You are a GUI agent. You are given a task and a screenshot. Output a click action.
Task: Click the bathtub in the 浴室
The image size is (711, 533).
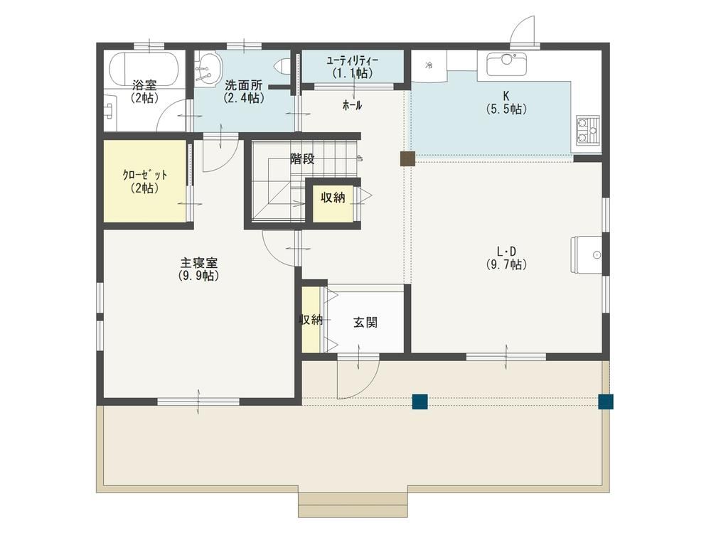(x=144, y=69)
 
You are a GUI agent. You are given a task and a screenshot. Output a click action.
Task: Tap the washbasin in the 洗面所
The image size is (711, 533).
(x=208, y=68)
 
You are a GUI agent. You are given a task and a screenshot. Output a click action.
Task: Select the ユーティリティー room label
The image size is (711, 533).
(x=353, y=60)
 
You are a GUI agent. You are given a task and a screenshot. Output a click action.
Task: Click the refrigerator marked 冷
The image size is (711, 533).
(x=429, y=65)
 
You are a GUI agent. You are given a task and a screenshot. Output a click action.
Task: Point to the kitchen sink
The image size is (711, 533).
(x=506, y=64)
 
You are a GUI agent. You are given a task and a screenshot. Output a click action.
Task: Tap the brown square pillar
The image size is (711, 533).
(x=407, y=158)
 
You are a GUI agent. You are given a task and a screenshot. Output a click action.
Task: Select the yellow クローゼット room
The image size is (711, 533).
(x=144, y=181)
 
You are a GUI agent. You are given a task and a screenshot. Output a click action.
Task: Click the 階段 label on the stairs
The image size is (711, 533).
(x=302, y=158)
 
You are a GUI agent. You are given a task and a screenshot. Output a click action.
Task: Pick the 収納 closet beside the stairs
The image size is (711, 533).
(x=333, y=203)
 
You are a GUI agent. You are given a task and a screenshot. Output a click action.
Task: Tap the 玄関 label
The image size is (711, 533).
(x=365, y=322)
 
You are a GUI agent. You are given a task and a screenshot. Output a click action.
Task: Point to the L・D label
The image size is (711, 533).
(x=506, y=252)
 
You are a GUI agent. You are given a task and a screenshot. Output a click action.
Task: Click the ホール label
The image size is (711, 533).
(x=353, y=106)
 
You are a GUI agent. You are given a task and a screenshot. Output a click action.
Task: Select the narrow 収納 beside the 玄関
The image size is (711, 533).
(x=311, y=320)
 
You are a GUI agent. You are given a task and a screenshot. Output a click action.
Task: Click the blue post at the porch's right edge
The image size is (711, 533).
(x=606, y=402)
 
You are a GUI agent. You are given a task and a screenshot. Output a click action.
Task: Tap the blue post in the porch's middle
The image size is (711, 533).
(x=420, y=402)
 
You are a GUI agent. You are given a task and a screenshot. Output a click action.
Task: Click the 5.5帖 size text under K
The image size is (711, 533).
(x=506, y=109)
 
